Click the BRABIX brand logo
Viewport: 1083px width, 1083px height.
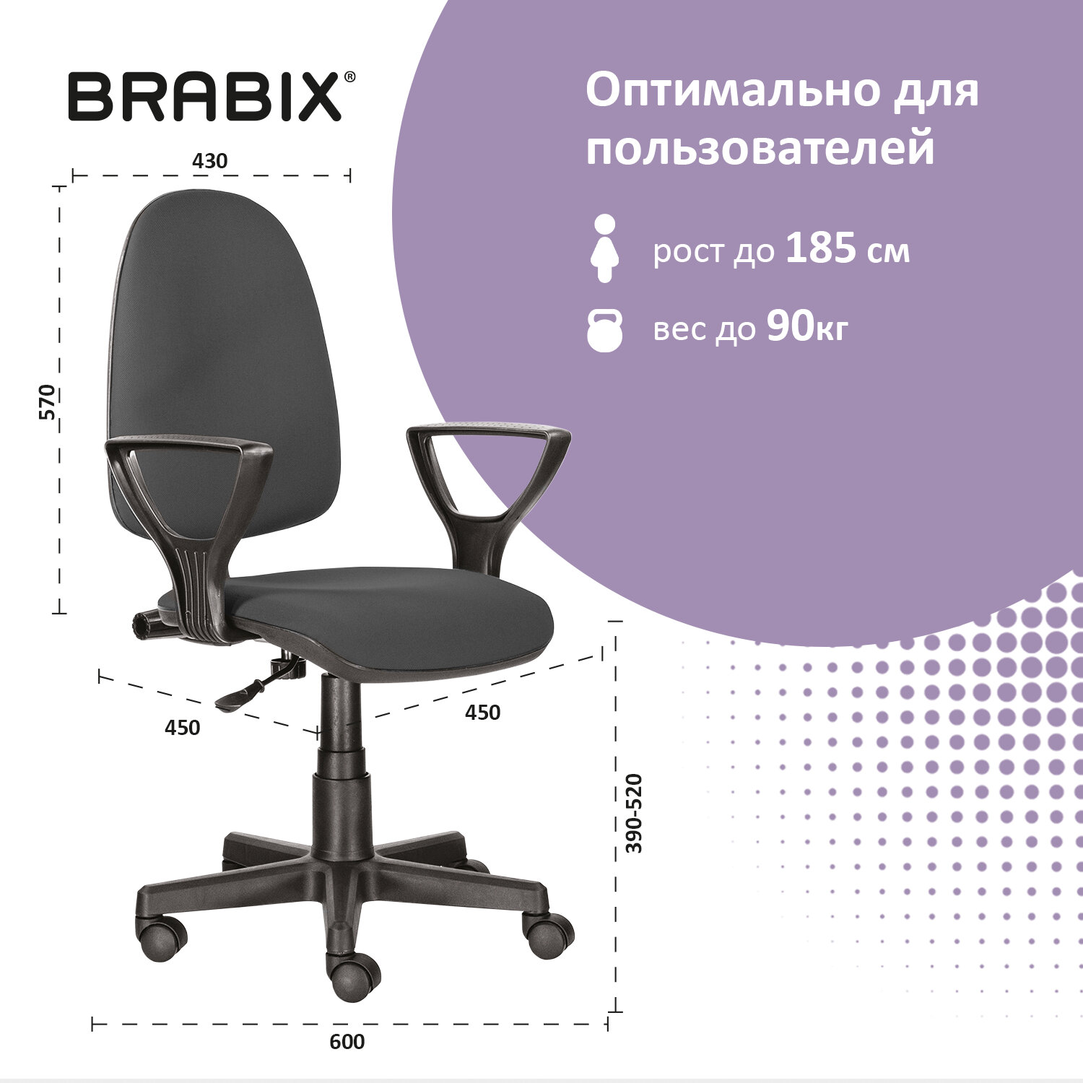pyautogui.click(x=204, y=97)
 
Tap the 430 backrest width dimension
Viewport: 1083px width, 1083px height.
pyautogui.click(x=209, y=161)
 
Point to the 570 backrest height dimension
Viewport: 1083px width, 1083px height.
pyautogui.click(x=47, y=402)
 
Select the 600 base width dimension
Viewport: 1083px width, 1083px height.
pyautogui.click(x=347, y=1042)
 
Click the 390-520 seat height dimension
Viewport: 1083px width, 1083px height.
pyautogui.click(x=634, y=814)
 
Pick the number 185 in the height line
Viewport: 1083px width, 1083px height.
pyautogui.click(x=821, y=248)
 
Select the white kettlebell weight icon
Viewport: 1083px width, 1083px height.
pyautogui.click(x=604, y=330)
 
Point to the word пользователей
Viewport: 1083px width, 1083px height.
pyautogui.click(x=760, y=149)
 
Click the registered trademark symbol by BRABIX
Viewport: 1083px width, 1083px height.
pyautogui.click(x=349, y=77)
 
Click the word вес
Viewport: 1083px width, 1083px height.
pyautogui.click(x=679, y=330)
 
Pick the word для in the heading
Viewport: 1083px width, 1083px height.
pyautogui.click(x=936, y=91)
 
